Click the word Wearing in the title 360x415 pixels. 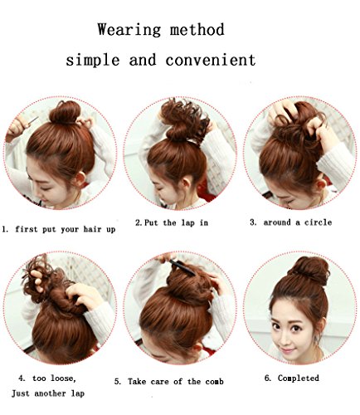click(129, 30)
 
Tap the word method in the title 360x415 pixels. click(197, 29)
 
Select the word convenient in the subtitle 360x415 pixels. click(211, 60)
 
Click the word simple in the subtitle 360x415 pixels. click(93, 61)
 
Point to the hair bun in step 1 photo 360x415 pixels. click(65, 112)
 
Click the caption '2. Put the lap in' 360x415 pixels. click(172, 222)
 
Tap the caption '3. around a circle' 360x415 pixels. click(291, 222)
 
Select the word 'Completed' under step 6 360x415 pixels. click(299, 378)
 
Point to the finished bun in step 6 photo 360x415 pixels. click(312, 268)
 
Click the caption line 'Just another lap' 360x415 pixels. click(48, 393)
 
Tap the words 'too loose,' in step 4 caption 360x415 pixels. click(54, 378)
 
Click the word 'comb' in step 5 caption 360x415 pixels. click(214, 382)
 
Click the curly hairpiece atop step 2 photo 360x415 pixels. click(185, 114)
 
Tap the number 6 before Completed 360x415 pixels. click(267, 378)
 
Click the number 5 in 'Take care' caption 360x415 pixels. click(118, 382)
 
